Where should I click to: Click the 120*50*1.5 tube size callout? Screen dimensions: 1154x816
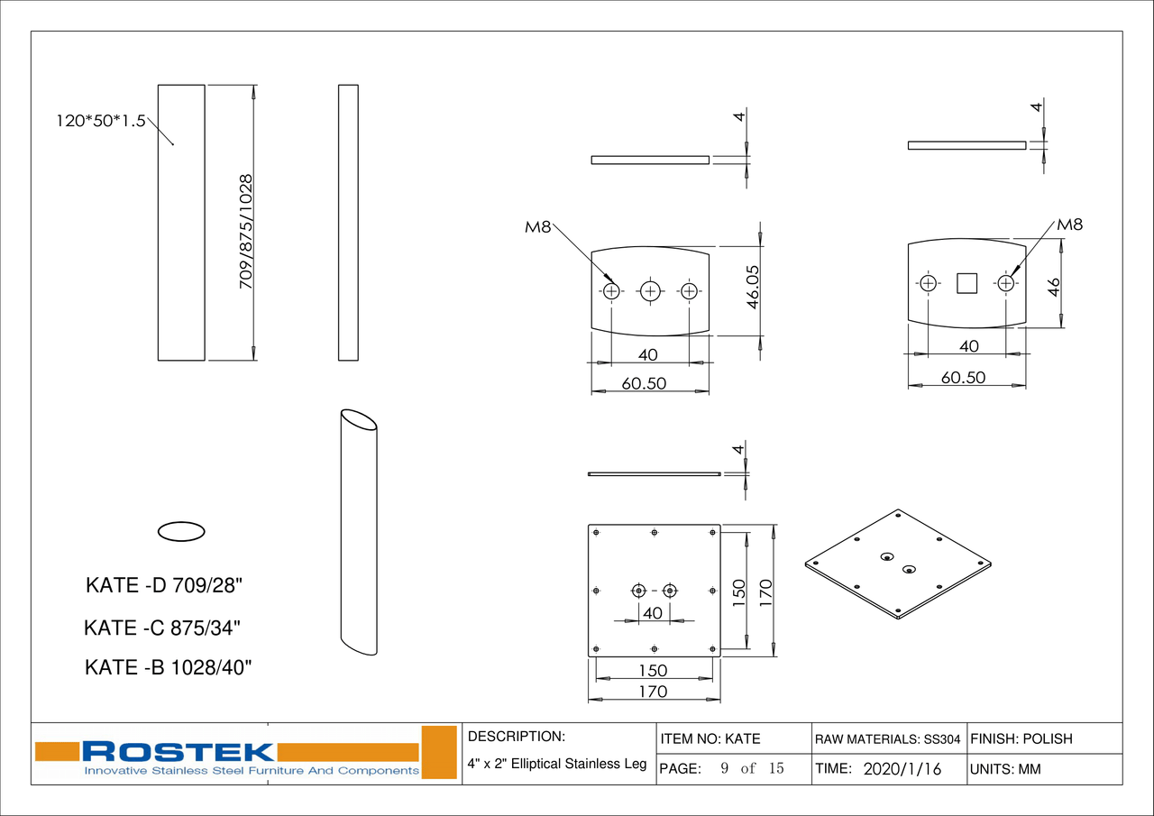point(101,121)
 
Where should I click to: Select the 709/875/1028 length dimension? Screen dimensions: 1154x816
point(246,232)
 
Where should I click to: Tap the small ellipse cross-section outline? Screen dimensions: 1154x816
point(181,531)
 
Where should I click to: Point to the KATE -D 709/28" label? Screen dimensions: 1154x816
point(164,586)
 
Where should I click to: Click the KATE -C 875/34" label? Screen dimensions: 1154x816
point(162,628)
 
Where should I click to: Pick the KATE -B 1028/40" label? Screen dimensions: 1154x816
point(168,667)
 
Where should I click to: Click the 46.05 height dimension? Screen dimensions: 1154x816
point(753,287)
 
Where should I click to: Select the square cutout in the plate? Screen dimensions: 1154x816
point(966,283)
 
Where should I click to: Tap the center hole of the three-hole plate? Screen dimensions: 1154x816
point(650,291)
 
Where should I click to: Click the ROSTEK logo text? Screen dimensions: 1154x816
point(179,752)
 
